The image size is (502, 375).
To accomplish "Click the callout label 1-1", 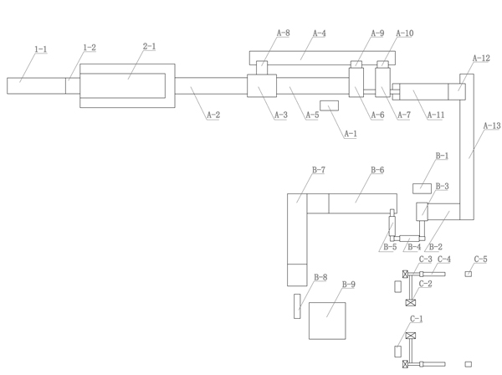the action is pyautogui.click(x=41, y=49).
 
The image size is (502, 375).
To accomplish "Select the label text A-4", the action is pyautogui.click(x=320, y=33).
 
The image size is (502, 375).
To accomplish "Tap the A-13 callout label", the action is pyautogui.click(x=492, y=126).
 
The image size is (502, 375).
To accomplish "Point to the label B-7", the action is pyautogui.click(x=319, y=170).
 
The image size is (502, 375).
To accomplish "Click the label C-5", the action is pyautogui.click(x=480, y=259).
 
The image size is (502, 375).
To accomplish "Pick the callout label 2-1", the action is pyautogui.click(x=149, y=46).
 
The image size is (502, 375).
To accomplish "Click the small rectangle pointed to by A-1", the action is pyautogui.click(x=329, y=105).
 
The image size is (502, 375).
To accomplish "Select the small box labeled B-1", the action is pyautogui.click(x=422, y=188).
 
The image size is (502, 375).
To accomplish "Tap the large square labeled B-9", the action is pyautogui.click(x=327, y=321).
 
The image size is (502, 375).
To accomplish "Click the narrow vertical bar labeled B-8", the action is pyautogui.click(x=297, y=306).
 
